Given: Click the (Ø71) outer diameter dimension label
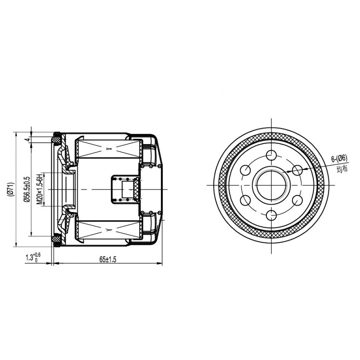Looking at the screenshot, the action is click(x=11, y=189).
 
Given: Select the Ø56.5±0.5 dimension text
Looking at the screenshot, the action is click(x=27, y=189).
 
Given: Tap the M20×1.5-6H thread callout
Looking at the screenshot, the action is click(x=40, y=189).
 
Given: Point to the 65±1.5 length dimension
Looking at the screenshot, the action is click(x=108, y=260).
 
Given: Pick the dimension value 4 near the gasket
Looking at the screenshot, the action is click(x=27, y=140).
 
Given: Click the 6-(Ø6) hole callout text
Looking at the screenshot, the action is click(x=339, y=159).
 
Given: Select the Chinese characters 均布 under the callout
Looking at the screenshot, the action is click(x=342, y=169).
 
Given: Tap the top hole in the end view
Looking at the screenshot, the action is click(x=271, y=155).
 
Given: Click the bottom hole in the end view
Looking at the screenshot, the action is click(x=271, y=215).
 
